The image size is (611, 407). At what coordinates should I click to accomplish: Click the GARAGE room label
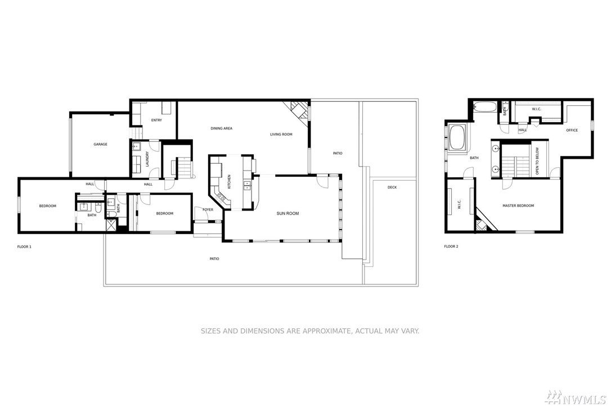100,144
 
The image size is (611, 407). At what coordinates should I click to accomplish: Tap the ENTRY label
156,120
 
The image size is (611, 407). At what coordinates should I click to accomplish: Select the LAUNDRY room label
147,159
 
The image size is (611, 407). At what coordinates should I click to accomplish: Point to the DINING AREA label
221,128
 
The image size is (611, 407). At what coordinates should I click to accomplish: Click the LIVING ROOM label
281,135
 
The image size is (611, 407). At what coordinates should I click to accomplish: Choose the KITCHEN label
229,182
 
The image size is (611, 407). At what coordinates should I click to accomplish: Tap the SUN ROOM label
287,213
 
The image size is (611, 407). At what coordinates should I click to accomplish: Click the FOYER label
208,210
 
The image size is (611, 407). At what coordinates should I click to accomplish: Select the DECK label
392,187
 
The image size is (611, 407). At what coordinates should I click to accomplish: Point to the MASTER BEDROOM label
518,205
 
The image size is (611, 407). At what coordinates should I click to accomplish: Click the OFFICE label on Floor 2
572,130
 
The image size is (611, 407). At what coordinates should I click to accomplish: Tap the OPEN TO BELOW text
537,160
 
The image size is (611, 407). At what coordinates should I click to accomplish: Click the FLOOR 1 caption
24,247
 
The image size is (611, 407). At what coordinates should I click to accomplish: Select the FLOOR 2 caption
451,247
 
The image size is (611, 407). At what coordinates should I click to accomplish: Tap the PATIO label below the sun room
214,259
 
